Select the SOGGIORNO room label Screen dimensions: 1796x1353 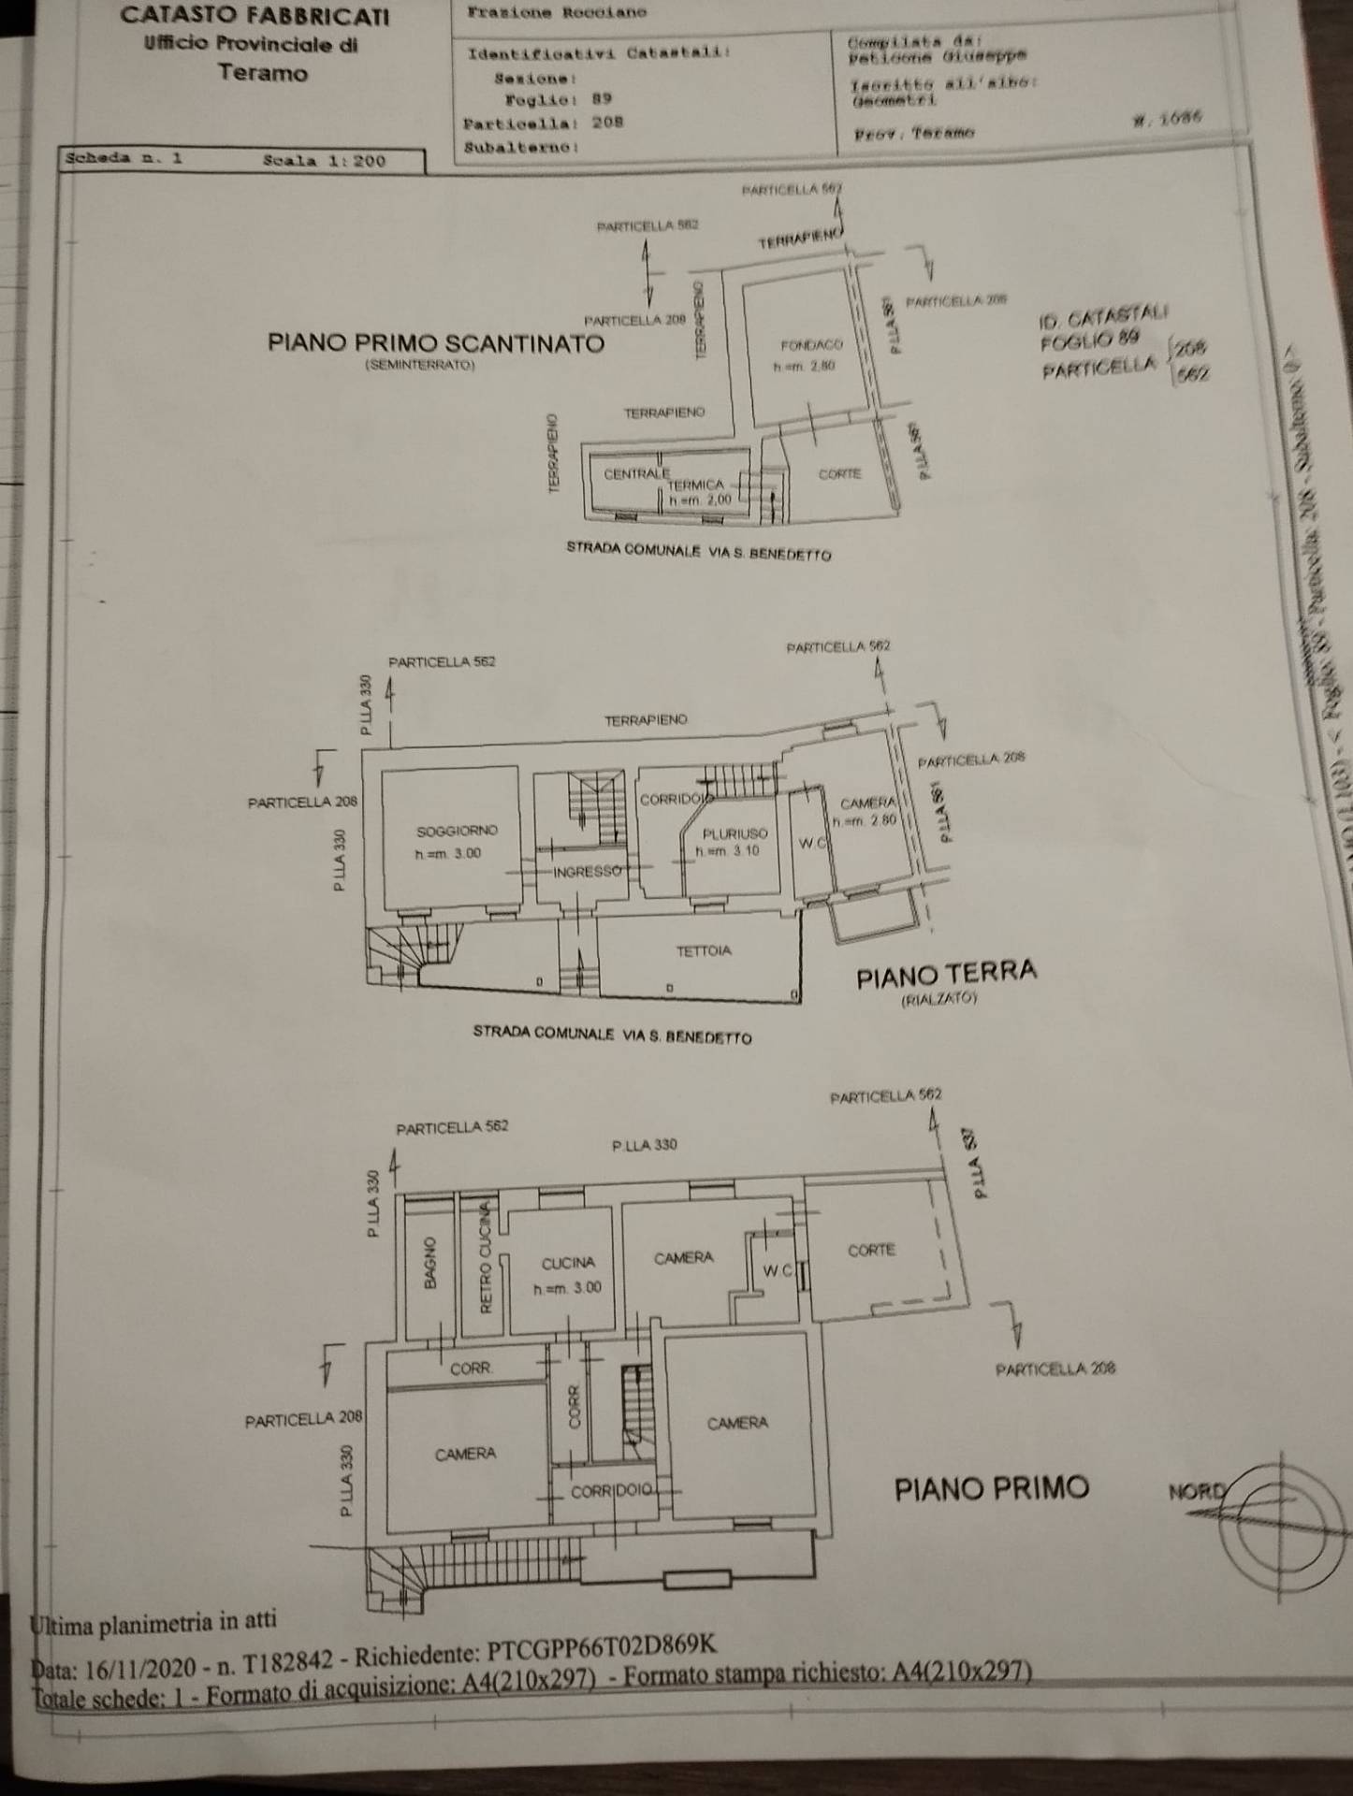coord(457,830)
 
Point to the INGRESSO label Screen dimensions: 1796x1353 coord(588,871)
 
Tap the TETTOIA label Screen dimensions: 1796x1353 coord(704,950)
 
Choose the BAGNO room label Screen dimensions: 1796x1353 coord(429,1264)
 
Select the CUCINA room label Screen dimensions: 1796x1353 coord(568,1263)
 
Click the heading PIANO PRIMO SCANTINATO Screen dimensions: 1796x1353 coord(436,342)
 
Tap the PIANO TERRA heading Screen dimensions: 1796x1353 coord(946,975)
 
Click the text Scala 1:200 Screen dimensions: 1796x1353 coord(324,160)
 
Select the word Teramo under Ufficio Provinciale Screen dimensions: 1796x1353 coord(262,73)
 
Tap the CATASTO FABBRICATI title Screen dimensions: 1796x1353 coord(255,15)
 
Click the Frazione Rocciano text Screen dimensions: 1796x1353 coord(556,13)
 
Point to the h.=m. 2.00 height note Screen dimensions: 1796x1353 coord(698,501)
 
